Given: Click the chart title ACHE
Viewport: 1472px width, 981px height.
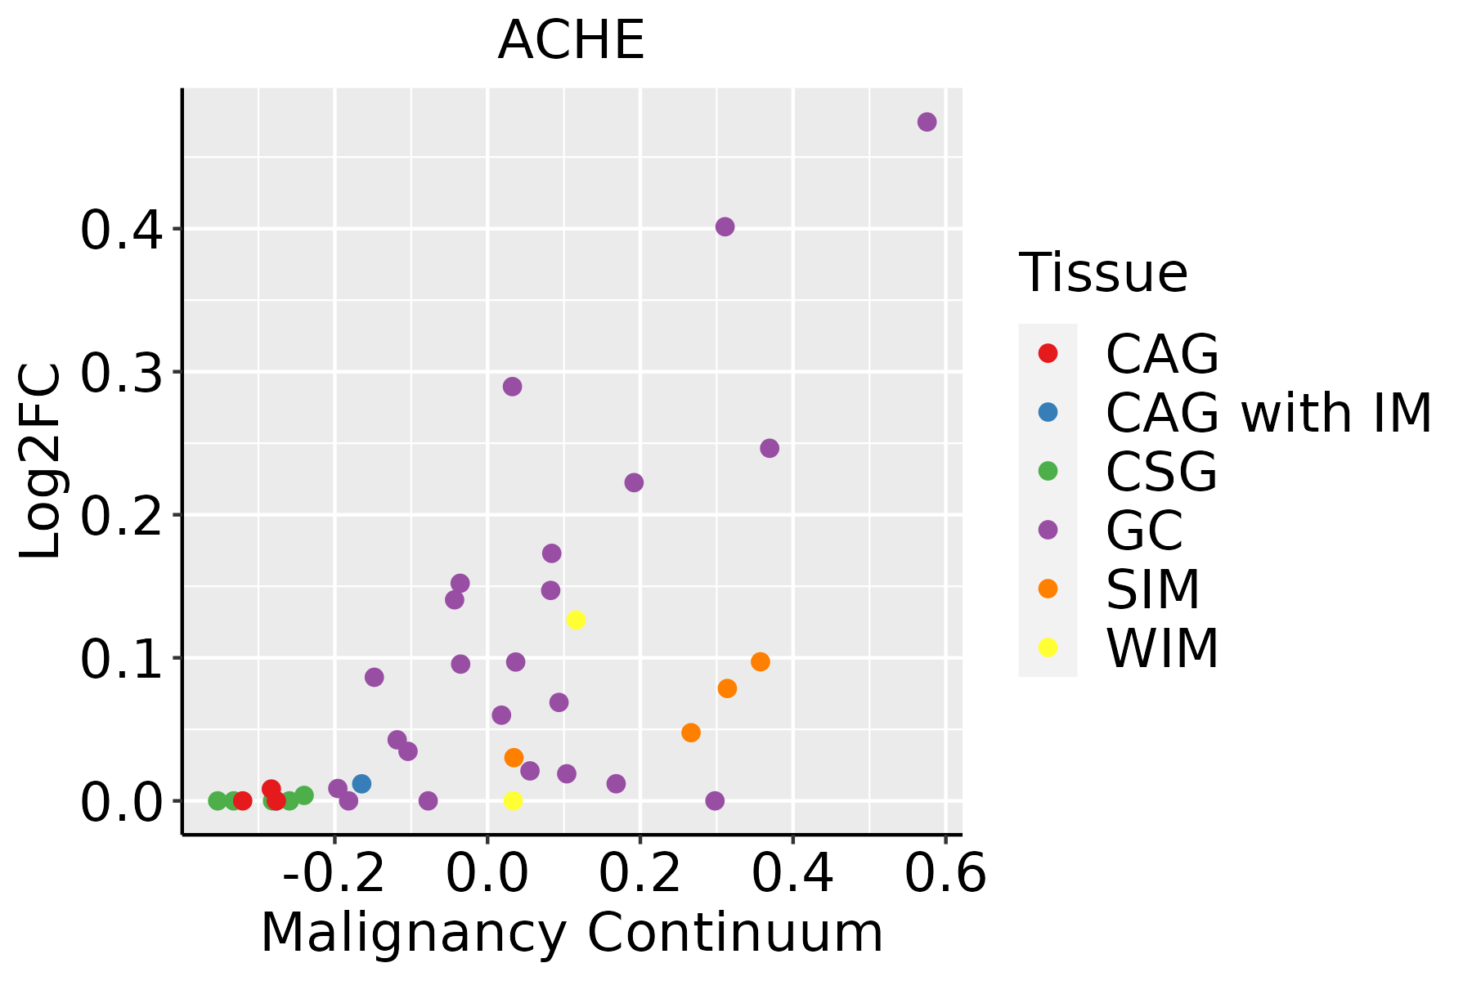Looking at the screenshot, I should [x=571, y=41].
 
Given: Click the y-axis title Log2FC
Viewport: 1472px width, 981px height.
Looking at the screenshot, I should [x=41, y=461].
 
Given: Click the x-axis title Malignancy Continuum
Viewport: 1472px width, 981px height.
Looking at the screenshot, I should [x=571, y=933].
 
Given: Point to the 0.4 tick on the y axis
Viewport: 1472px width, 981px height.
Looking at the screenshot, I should [x=122, y=230].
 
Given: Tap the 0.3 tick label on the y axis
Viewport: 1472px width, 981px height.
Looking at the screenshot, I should [x=122, y=373].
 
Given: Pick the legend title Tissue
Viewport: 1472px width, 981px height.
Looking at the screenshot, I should [x=1103, y=272].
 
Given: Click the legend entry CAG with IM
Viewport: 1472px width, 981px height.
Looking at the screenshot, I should [x=1268, y=413].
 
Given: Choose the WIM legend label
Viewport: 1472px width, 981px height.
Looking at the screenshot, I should [x=1162, y=648].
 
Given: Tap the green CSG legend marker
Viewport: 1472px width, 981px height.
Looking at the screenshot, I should [x=1048, y=471].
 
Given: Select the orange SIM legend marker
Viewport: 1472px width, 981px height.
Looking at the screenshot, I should [x=1048, y=589].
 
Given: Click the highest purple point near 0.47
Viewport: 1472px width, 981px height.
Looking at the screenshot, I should [x=927, y=122].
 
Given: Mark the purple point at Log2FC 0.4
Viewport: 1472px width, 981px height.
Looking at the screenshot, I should [x=725, y=226].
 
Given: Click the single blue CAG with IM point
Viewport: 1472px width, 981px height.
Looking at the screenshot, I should [x=361, y=783].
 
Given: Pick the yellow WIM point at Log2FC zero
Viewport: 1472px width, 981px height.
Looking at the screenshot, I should [x=513, y=800].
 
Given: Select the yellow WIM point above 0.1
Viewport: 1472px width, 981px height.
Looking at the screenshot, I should [x=576, y=620].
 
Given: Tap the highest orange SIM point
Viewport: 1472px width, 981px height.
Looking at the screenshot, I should [x=761, y=661].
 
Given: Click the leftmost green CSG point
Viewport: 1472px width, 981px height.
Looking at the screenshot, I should [x=218, y=800].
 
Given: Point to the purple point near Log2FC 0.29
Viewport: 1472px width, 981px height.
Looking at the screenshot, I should [x=513, y=387].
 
